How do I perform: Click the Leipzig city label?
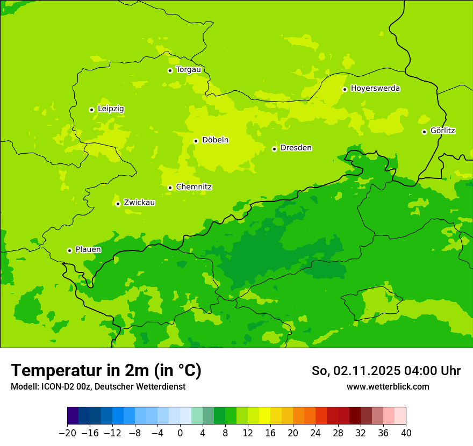coord(111,109)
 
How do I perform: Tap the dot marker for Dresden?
coord(274,149)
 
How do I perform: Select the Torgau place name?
coord(188,70)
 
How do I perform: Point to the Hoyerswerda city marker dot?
coord(345,89)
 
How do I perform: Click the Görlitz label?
coord(443,131)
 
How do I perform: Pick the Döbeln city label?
coord(215,140)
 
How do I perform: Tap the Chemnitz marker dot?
coord(170,188)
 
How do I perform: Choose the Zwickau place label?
coord(139,203)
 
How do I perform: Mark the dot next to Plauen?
coord(69,250)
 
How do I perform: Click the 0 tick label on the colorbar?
coord(180,433)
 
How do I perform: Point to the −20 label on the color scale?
coord(67,433)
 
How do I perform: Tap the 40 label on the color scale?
coord(406,433)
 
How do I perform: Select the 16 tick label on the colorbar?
coord(270,433)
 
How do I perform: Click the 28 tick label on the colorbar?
coord(338,433)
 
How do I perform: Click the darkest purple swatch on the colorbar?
coord(73,416)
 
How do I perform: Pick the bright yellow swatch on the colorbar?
coord(264,416)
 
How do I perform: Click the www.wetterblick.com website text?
coord(388,386)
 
